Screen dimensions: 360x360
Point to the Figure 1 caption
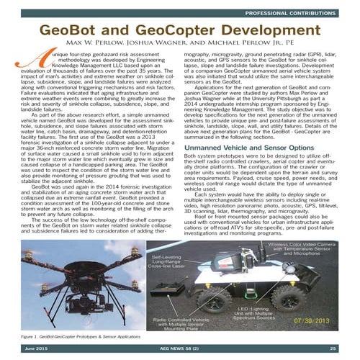(x=79, y=336)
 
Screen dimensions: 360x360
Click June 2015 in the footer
(x=37, y=348)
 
